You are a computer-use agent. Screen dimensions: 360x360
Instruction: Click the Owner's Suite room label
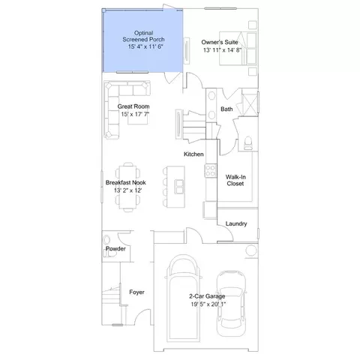(x=220, y=42)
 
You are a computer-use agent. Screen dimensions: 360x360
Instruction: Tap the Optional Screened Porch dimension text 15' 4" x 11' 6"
(x=145, y=46)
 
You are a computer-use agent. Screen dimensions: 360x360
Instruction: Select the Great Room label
(x=133, y=106)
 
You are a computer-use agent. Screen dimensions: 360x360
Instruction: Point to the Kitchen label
(x=193, y=154)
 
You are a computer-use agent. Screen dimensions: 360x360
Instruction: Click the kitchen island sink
(x=180, y=187)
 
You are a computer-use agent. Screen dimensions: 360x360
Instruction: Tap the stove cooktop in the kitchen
(x=211, y=171)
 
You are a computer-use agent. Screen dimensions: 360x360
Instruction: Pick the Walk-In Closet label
(x=235, y=180)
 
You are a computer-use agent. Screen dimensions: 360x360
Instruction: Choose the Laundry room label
(x=236, y=223)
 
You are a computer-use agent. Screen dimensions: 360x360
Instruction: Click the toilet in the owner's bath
(x=248, y=143)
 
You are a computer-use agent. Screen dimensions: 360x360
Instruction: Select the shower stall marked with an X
(x=250, y=103)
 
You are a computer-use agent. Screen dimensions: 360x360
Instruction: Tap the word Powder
(x=115, y=248)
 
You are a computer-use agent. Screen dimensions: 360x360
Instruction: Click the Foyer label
(x=136, y=292)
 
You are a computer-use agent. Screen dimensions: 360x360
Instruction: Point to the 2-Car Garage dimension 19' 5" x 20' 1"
(x=208, y=304)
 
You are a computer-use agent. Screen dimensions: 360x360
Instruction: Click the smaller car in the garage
(x=231, y=304)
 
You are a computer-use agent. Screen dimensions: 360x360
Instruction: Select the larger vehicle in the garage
(x=184, y=298)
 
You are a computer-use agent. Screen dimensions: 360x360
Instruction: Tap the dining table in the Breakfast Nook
(x=128, y=187)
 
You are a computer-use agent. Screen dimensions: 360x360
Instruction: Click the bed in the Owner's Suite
(x=238, y=48)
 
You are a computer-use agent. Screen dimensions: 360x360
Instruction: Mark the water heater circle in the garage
(x=251, y=250)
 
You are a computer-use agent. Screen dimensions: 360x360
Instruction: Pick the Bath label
(x=226, y=109)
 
